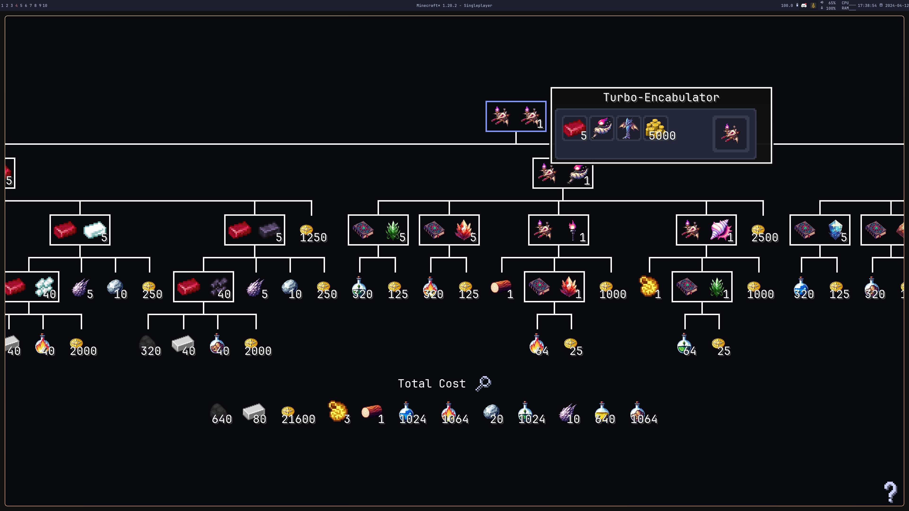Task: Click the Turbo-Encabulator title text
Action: (661, 97)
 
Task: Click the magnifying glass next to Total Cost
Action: (483, 383)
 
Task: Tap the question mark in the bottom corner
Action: (890, 492)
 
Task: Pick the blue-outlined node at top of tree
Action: (516, 116)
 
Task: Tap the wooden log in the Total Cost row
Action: (372, 412)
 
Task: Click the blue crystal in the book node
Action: (835, 229)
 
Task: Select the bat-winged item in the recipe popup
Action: (628, 129)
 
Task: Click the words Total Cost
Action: (432, 384)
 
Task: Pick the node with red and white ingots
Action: (80, 230)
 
